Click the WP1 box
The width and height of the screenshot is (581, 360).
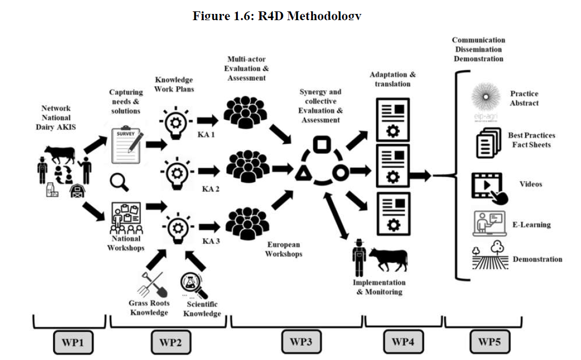pyautogui.click(x=73, y=341)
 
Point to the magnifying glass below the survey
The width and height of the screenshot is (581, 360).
pyautogui.click(x=119, y=181)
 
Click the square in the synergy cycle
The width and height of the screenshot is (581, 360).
pyautogui.click(x=321, y=145)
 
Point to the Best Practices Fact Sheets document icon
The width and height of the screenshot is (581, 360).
pyautogui.click(x=488, y=143)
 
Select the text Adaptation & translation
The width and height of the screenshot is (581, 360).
pyautogui.click(x=392, y=79)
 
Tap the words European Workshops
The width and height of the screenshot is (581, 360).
pyautogui.click(x=283, y=249)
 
